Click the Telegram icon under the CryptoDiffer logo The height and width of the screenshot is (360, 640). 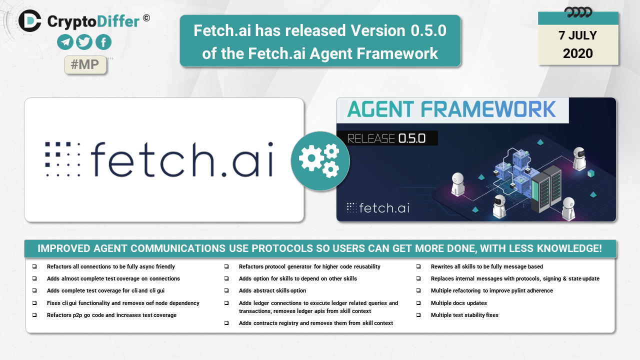tap(65, 42)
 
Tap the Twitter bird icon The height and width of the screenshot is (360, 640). tap(84, 42)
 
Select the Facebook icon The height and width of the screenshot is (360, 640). tap(103, 42)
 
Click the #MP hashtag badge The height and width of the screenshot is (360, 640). tap(85, 64)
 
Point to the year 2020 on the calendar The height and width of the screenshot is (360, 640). tap(577, 53)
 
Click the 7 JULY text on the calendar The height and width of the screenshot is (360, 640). tap(577, 35)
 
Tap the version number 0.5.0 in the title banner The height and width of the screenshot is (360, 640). tap(428, 30)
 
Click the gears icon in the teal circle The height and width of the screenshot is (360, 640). tap(319, 161)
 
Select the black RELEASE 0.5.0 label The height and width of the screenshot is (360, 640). tap(387, 138)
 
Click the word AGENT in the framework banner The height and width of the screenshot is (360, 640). tap(380, 109)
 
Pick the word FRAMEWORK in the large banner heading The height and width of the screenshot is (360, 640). tap(488, 109)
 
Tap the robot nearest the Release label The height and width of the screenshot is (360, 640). tap(457, 184)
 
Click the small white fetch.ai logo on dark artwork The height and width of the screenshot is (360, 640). tap(378, 208)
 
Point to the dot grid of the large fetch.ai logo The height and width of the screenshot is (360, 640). tap(62, 159)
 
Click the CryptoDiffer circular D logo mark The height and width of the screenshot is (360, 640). tap(29, 20)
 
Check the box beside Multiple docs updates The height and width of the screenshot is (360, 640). tap(418, 303)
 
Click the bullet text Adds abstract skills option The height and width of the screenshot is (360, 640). tap(272, 290)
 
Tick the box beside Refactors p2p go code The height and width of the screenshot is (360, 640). tap(34, 315)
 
